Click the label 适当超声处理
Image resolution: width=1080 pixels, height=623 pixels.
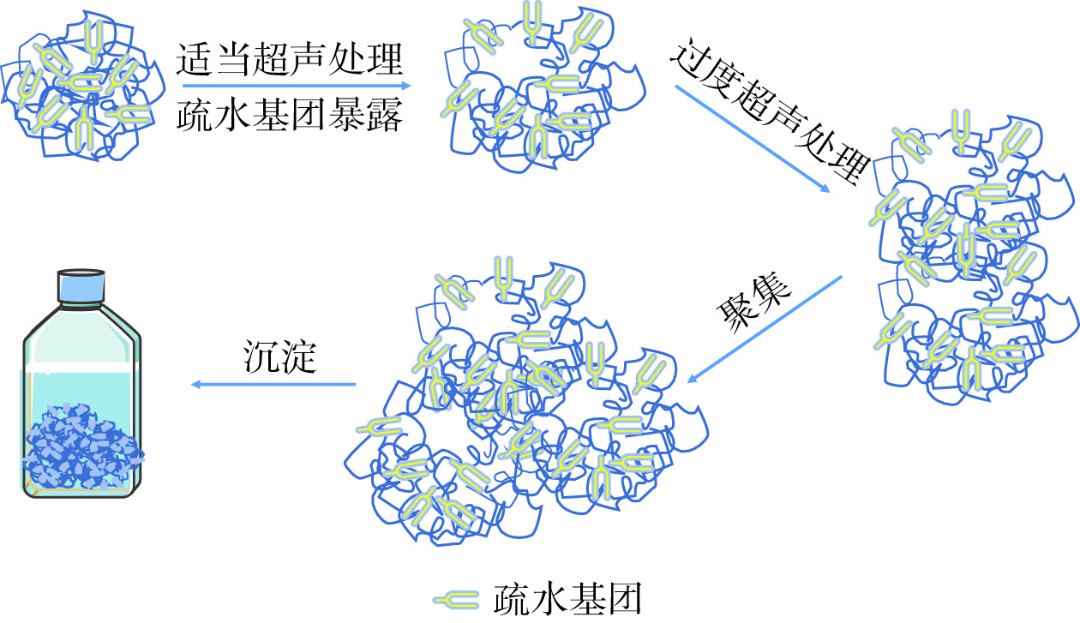click(290, 61)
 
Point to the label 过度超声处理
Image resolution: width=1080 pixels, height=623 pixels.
click(768, 115)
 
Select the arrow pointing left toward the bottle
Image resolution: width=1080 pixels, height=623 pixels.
click(274, 384)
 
